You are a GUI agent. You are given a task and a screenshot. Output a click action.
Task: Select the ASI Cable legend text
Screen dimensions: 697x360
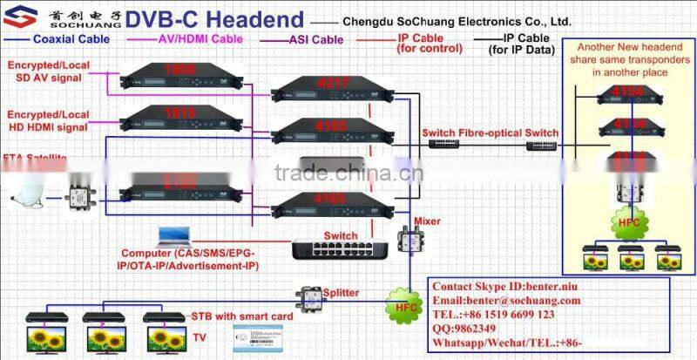[315, 39]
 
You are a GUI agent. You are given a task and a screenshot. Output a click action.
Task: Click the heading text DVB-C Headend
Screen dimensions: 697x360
[215, 19]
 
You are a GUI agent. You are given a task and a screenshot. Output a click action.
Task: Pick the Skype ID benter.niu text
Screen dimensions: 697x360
[506, 285]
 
